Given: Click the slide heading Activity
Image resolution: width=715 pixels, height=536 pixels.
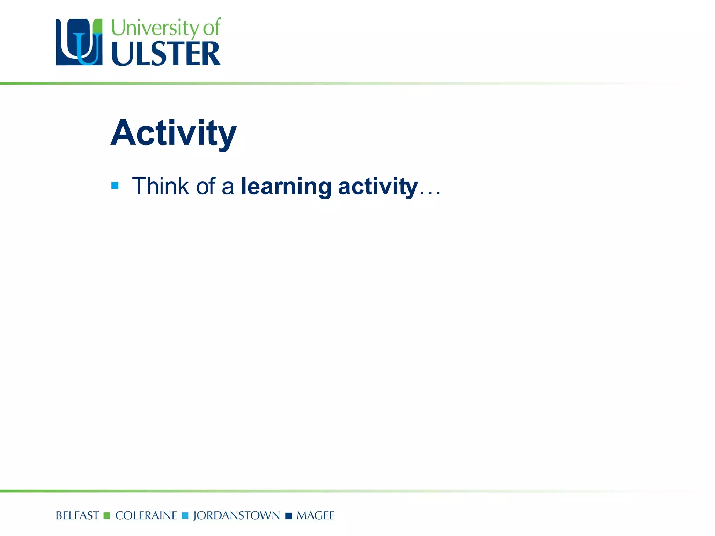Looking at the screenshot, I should point(174,133).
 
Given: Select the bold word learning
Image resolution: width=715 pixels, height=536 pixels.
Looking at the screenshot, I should point(286,187).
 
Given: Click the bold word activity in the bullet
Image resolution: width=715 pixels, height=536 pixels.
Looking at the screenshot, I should point(378,187).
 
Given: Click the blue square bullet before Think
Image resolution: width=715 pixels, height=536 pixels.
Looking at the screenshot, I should point(115,185).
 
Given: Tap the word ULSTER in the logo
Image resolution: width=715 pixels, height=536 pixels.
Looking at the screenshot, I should point(166,53).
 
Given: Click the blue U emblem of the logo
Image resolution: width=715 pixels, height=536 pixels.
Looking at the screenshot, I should point(79,42).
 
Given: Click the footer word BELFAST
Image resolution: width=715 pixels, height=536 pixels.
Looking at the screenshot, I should point(77,515).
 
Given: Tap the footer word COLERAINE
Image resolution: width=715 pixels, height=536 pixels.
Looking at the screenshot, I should point(146,515).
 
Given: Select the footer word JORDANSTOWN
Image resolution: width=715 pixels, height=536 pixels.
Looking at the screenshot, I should point(236,515).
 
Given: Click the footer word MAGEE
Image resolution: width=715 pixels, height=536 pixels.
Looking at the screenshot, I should point(315,515).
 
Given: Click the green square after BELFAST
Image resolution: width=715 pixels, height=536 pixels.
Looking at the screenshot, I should point(107,515).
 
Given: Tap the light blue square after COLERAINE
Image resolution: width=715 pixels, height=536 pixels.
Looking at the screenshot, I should point(185,515).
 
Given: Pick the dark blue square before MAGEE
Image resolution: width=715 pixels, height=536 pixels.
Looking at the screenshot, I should point(288,516).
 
